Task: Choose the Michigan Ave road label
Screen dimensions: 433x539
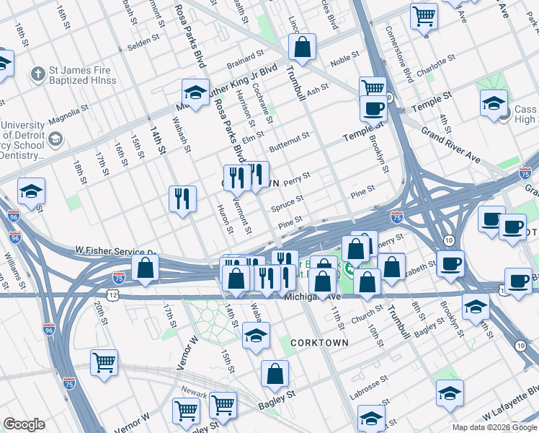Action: click(312, 297)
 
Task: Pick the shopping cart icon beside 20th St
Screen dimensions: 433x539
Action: click(104, 363)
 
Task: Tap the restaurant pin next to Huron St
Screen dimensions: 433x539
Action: click(183, 198)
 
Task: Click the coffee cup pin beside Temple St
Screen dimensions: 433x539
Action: click(373, 109)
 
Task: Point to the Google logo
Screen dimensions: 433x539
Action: click(24, 424)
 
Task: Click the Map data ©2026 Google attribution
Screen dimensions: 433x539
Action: click(494, 427)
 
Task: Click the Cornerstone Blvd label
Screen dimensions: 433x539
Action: click(398, 54)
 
